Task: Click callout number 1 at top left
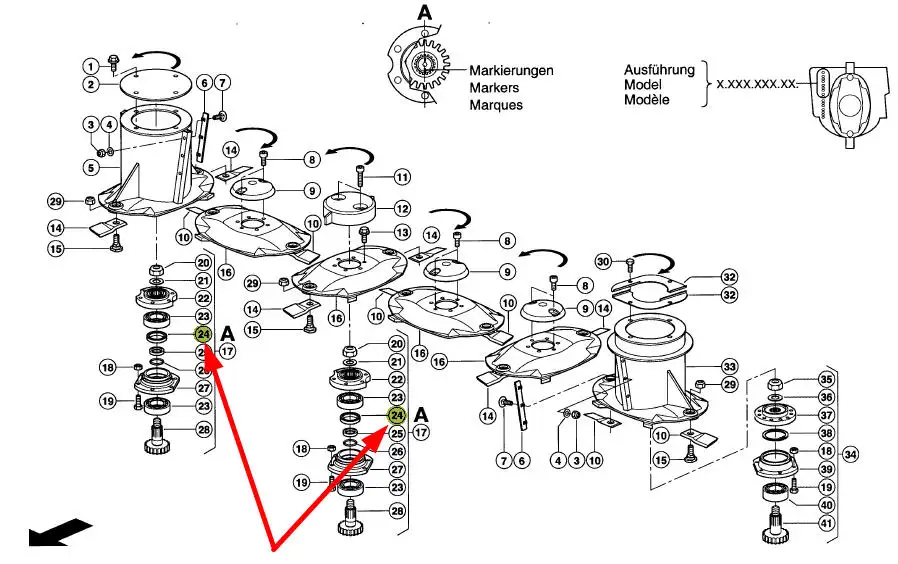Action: coord(89,65)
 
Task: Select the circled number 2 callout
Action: coord(89,84)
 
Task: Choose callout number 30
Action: coord(602,262)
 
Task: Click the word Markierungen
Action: coord(511,72)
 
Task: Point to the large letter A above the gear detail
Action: coord(425,13)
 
